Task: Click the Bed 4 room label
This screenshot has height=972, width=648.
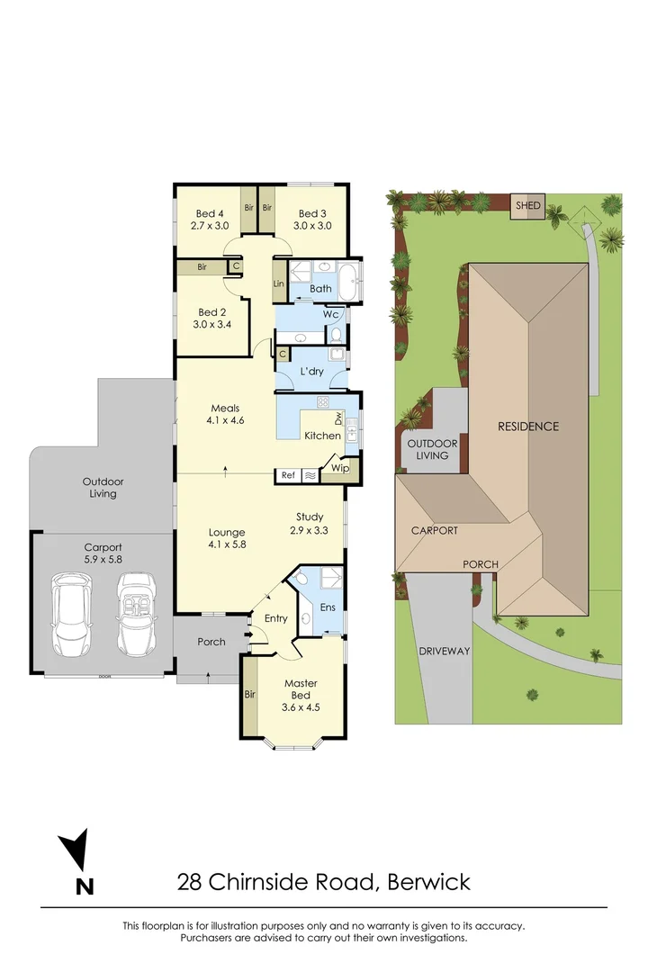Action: point(210,213)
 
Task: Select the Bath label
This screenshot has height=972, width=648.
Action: point(320,289)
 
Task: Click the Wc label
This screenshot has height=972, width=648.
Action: point(330,314)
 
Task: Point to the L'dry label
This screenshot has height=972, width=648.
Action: point(311,371)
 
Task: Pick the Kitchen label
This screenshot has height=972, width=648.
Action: point(322,436)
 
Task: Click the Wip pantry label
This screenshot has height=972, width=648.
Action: point(340,468)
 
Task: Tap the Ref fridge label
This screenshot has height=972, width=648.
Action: point(288,474)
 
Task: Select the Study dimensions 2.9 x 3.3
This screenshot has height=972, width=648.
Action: point(310,530)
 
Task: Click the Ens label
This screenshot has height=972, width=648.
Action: point(328,607)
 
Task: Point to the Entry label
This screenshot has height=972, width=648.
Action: point(275,618)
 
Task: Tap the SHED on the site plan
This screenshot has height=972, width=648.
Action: point(528,206)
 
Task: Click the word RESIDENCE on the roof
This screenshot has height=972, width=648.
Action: point(528,426)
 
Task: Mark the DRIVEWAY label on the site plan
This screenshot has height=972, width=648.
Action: point(445,651)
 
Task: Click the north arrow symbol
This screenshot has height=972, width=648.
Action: point(75,851)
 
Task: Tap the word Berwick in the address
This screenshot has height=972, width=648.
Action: point(428,881)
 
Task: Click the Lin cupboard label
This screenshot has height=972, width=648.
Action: point(279,283)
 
